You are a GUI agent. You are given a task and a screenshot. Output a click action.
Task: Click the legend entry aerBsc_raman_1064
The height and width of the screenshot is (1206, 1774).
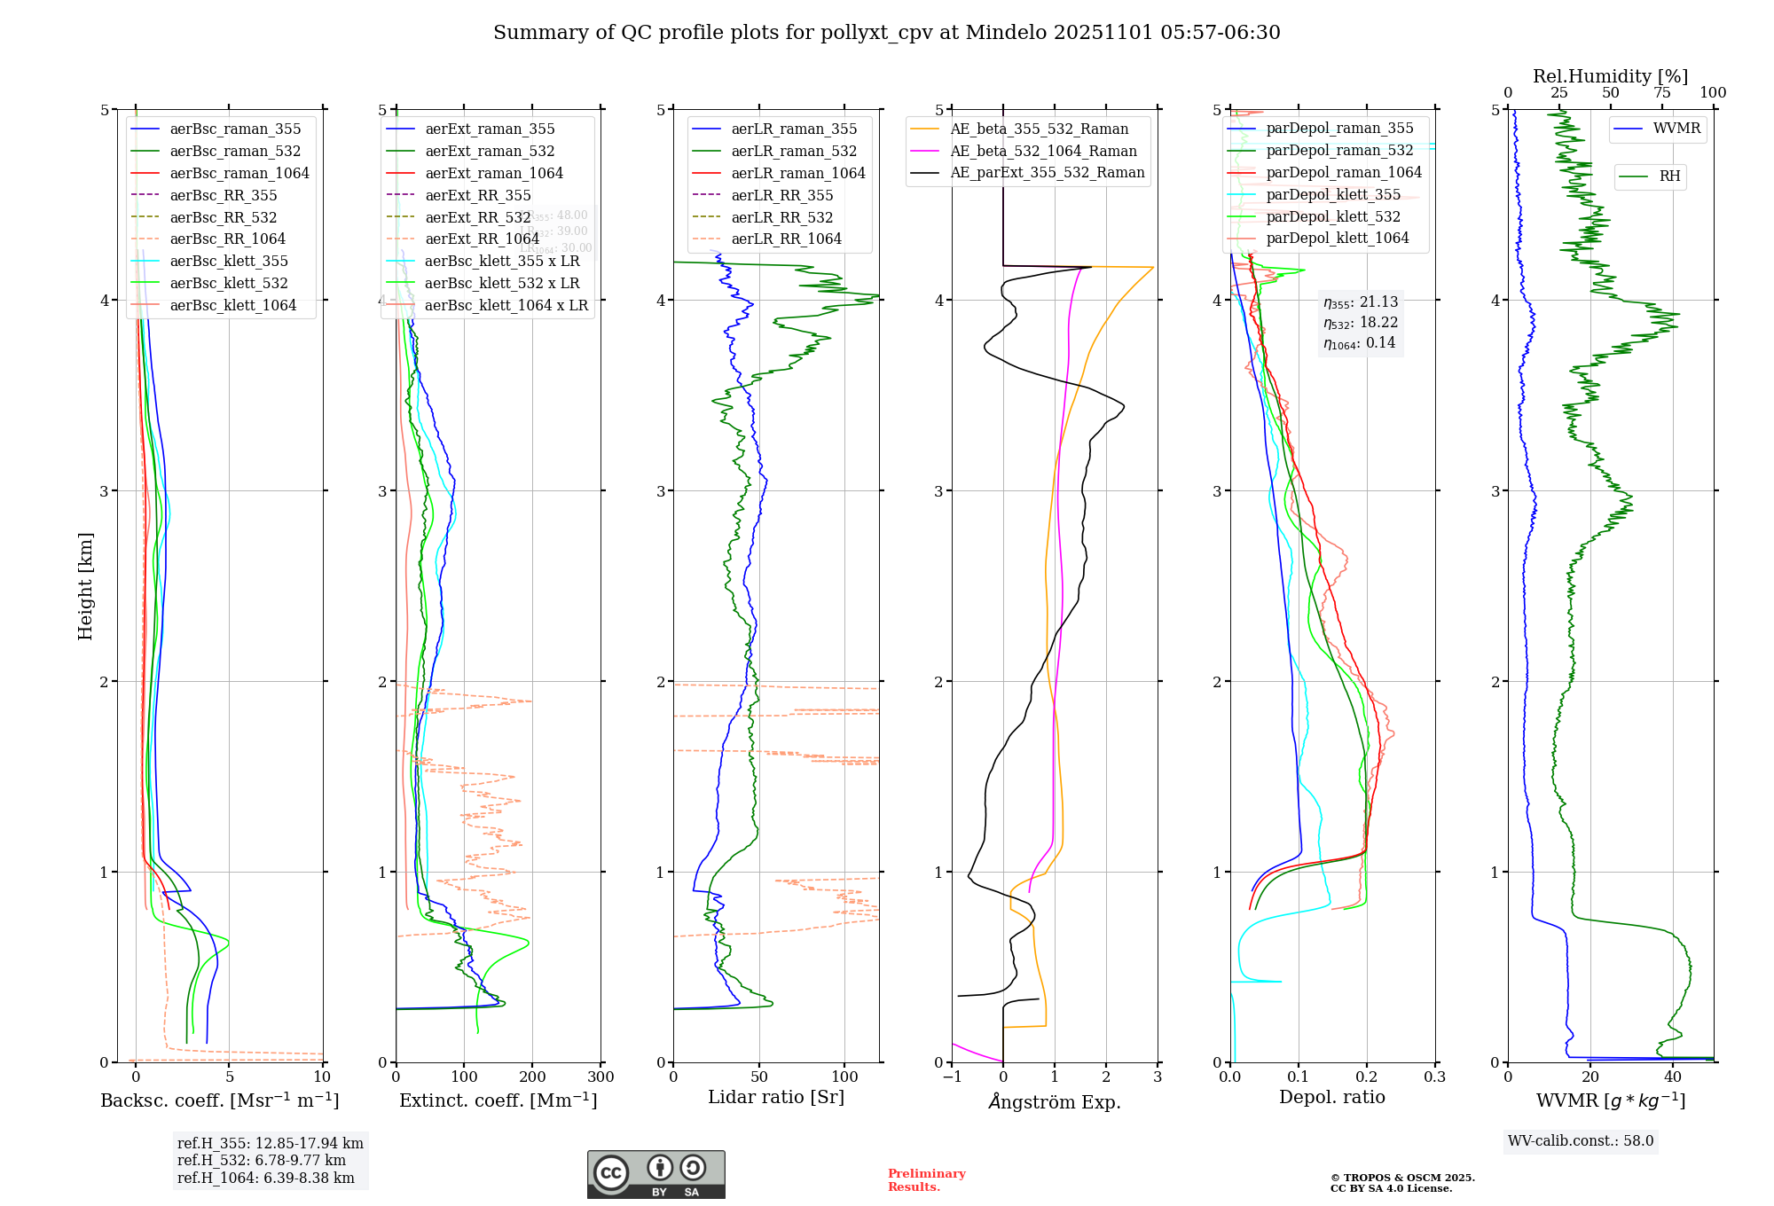[x=239, y=174]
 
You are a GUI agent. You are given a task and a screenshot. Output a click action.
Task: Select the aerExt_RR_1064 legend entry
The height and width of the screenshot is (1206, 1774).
[x=482, y=239]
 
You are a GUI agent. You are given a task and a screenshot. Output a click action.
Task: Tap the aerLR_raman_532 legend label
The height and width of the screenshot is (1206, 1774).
[x=794, y=152]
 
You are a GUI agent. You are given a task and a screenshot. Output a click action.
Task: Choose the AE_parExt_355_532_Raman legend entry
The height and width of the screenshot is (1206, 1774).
[x=1047, y=173]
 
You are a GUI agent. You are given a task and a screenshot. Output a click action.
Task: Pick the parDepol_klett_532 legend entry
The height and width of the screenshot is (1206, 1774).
[x=1333, y=217]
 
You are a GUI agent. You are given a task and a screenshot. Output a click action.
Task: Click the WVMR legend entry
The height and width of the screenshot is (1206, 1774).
[x=1676, y=129]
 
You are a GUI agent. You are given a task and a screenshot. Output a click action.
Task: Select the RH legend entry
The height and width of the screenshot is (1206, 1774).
[x=1669, y=176]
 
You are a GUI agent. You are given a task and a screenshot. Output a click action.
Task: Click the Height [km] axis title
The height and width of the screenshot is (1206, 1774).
[x=85, y=586]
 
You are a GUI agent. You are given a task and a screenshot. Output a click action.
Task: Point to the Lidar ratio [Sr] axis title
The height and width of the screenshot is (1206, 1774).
[x=776, y=1098]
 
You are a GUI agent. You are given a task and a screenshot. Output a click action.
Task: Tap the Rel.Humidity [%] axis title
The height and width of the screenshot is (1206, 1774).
[x=1610, y=76]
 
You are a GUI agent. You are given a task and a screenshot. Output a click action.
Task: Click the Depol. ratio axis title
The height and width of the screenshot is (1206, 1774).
[x=1331, y=1098]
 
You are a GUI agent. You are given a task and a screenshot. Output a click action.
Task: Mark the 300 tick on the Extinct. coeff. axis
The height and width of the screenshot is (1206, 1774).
[x=600, y=1077]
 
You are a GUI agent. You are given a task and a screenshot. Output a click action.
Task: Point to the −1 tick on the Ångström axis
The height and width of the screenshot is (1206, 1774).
[x=952, y=1077]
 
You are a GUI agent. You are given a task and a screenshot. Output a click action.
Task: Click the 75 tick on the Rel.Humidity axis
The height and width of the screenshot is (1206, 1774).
[x=1661, y=93]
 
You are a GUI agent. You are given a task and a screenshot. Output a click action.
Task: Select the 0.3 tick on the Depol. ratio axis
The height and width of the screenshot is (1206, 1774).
[x=1434, y=1077]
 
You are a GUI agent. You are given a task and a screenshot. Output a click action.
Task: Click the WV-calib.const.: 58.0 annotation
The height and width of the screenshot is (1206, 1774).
[x=1581, y=1141]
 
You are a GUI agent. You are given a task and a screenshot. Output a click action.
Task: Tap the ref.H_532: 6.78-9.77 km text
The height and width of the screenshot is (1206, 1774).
[x=262, y=1161]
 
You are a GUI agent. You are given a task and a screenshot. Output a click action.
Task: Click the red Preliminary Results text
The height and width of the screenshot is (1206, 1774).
[x=926, y=1180]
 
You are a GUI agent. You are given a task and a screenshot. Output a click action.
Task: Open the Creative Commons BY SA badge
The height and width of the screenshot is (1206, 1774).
[x=655, y=1174]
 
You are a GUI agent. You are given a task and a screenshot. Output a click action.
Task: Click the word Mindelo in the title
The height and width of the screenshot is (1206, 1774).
[x=1006, y=33]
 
